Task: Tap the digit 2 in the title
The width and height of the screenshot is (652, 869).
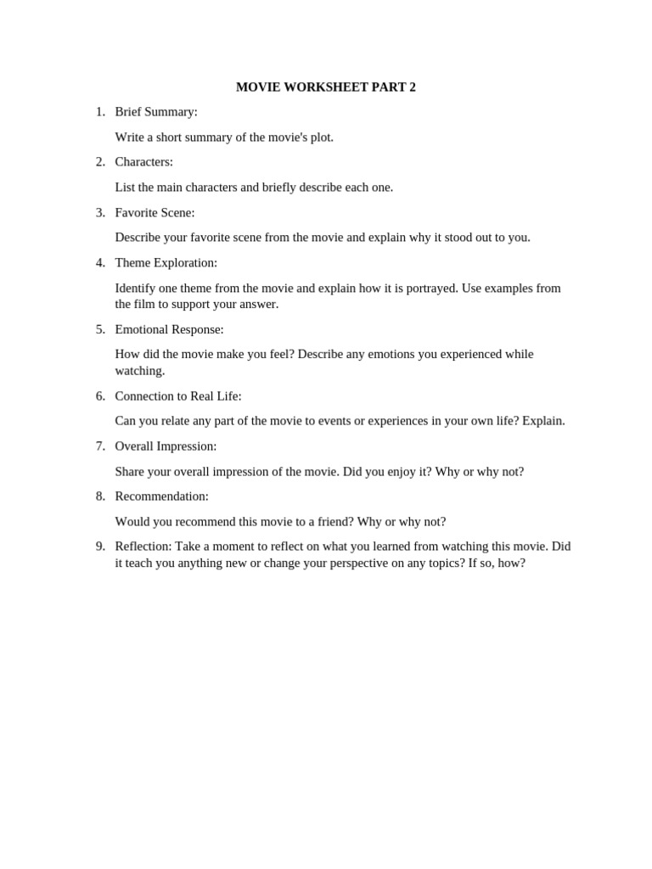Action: click(x=412, y=87)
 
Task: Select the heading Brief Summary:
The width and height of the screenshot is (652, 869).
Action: click(x=156, y=112)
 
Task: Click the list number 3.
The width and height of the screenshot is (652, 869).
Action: click(x=100, y=212)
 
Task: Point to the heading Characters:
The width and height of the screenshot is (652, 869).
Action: click(x=143, y=162)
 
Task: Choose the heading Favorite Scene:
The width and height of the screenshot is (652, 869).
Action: click(x=155, y=212)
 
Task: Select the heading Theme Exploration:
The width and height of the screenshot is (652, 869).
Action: click(x=166, y=263)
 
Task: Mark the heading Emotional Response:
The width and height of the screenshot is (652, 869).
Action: click(x=169, y=329)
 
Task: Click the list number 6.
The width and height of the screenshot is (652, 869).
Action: click(x=100, y=395)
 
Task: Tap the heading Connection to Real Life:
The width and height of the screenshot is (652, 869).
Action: click(x=178, y=395)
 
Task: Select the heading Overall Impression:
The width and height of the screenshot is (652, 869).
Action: click(x=166, y=446)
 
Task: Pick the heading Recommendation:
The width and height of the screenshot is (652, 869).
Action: click(x=161, y=496)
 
